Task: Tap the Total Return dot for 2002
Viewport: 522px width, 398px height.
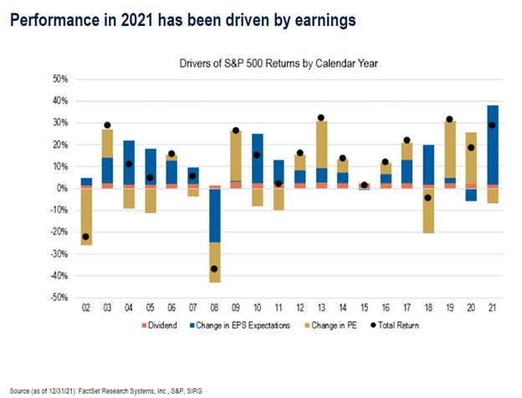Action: (x=86, y=237)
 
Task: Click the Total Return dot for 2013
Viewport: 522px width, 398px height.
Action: (x=321, y=118)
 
